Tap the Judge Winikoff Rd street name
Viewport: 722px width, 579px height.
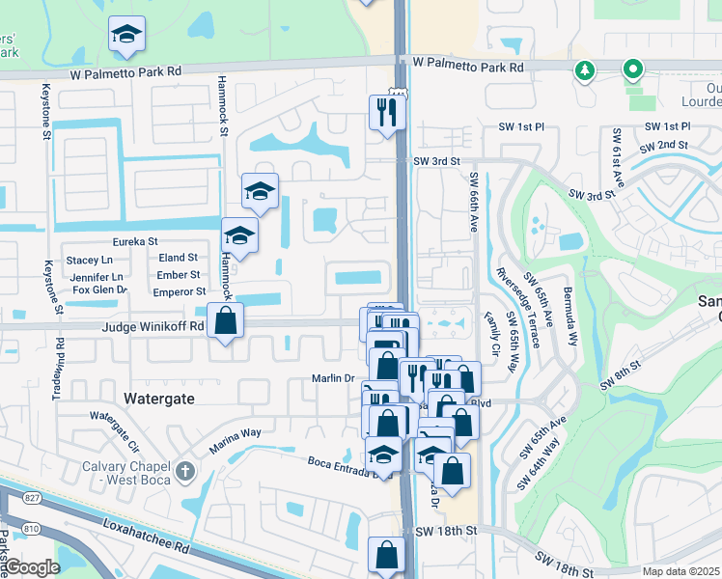coord(153,326)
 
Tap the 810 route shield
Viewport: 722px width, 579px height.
coord(8,529)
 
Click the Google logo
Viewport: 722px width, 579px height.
coord(33,567)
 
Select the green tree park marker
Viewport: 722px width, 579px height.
coord(583,70)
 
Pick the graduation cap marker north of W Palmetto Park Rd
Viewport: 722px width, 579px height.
coord(126,36)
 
